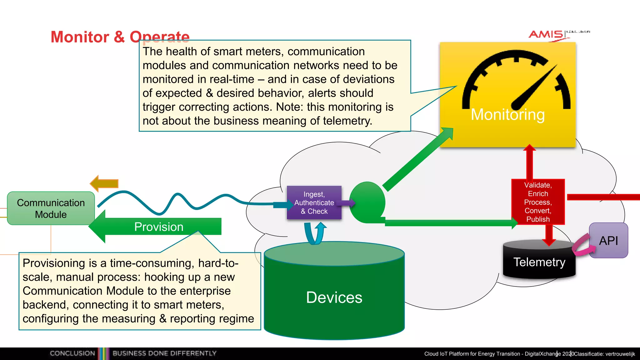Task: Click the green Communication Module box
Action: (51, 208)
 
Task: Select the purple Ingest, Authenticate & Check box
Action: (314, 203)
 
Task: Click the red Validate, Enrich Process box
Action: (538, 202)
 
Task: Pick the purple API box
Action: (608, 241)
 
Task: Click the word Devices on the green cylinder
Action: (334, 297)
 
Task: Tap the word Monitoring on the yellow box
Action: (507, 114)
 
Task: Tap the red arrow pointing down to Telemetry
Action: (549, 235)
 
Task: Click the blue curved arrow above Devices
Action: (315, 233)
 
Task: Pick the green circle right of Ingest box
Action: (367, 202)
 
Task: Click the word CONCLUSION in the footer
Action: (72, 353)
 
